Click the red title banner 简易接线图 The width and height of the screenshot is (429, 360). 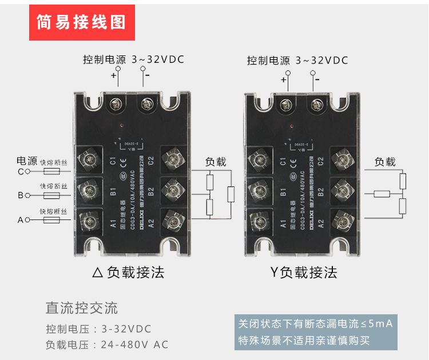(82, 22)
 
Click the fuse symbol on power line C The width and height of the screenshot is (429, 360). (53, 171)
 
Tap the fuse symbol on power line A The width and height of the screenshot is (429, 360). (53, 219)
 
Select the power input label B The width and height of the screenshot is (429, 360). (20, 195)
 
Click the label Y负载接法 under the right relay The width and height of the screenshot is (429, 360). (303, 272)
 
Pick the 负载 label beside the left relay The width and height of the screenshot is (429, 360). (216, 162)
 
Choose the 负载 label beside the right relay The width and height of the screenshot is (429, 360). (385, 162)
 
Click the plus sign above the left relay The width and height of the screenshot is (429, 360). (113, 75)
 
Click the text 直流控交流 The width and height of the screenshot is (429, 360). (82, 309)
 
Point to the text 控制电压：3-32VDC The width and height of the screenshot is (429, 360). (98, 329)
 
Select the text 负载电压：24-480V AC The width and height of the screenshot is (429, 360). (107, 345)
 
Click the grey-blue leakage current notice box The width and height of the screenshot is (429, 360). (316, 332)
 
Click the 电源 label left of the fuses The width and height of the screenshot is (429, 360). (27, 161)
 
